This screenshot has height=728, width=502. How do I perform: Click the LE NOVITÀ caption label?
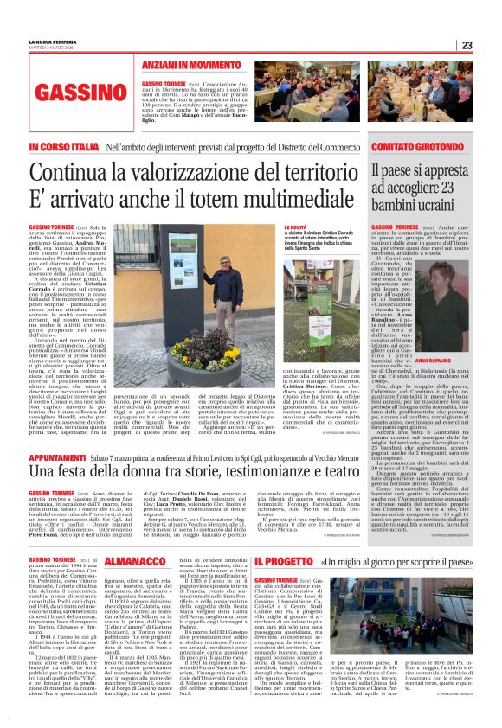tap(297, 227)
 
